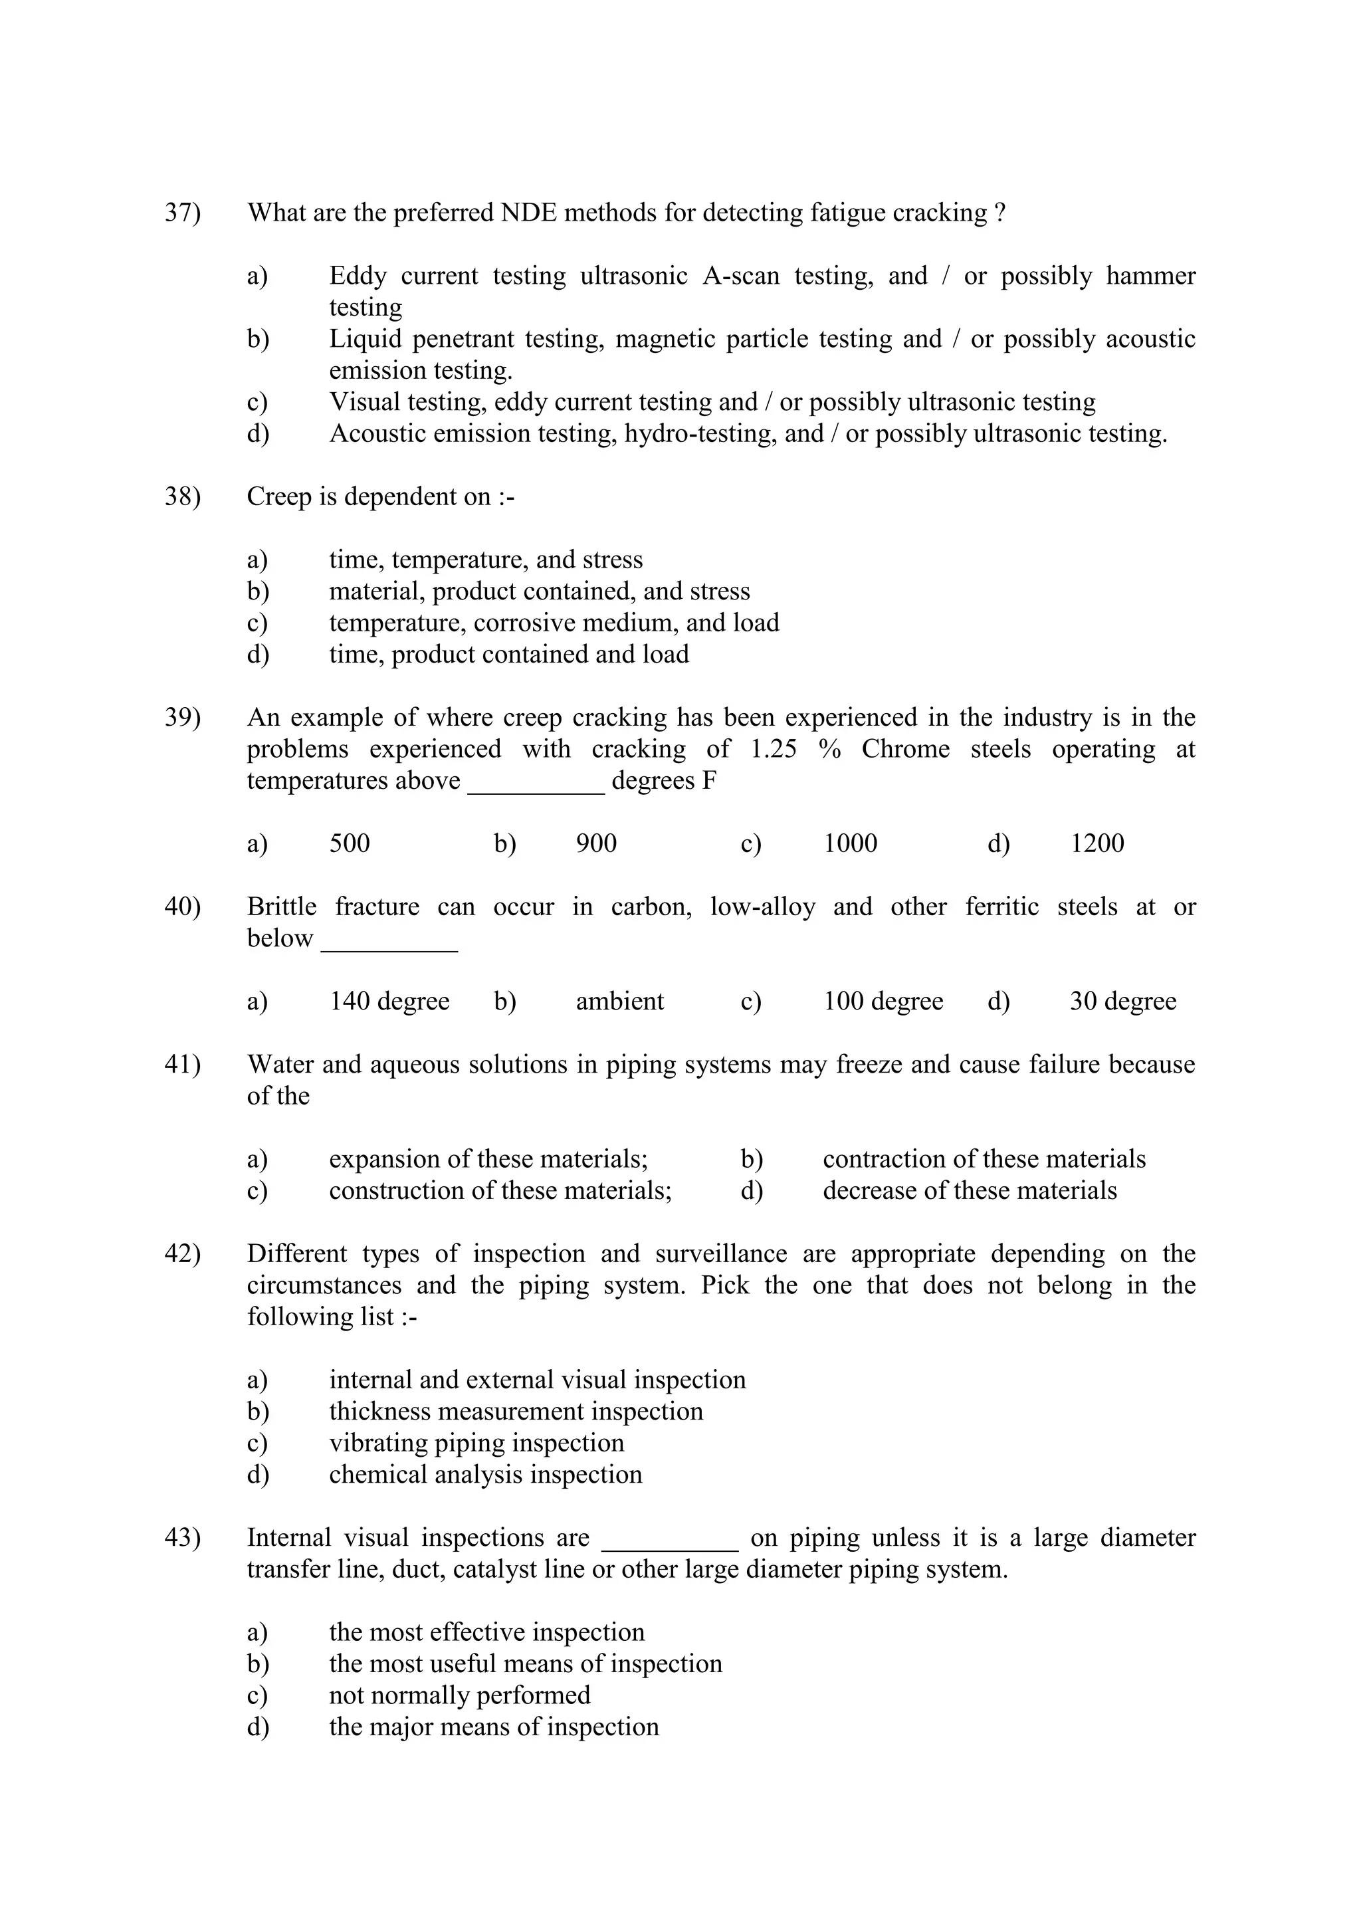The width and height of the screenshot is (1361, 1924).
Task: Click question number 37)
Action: click(x=182, y=213)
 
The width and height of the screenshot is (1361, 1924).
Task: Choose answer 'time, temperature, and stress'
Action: click(x=485, y=560)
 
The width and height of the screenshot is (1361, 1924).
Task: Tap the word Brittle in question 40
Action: click(x=282, y=907)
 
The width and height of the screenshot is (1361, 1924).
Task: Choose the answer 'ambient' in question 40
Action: click(x=619, y=1002)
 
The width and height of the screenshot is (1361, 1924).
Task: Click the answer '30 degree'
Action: click(x=1122, y=1002)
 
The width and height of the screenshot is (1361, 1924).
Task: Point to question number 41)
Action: click(x=182, y=1065)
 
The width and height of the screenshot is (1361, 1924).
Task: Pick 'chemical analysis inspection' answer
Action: click(x=485, y=1475)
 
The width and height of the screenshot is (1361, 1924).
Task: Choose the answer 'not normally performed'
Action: click(x=459, y=1695)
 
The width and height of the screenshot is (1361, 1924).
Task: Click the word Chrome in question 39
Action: click(x=905, y=749)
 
